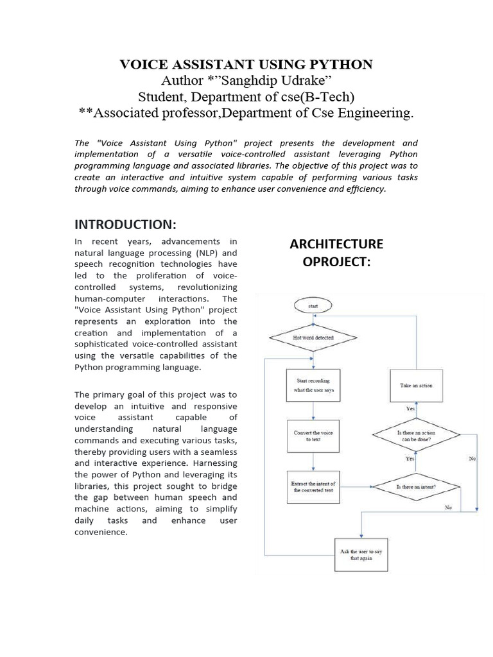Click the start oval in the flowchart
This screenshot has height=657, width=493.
313,307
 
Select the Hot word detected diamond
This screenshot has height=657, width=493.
313,336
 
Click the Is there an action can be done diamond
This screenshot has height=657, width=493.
415,437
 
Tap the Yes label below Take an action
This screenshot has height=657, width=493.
411,408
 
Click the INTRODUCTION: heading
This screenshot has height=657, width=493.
125,224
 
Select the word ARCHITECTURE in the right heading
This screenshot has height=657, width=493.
336,244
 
